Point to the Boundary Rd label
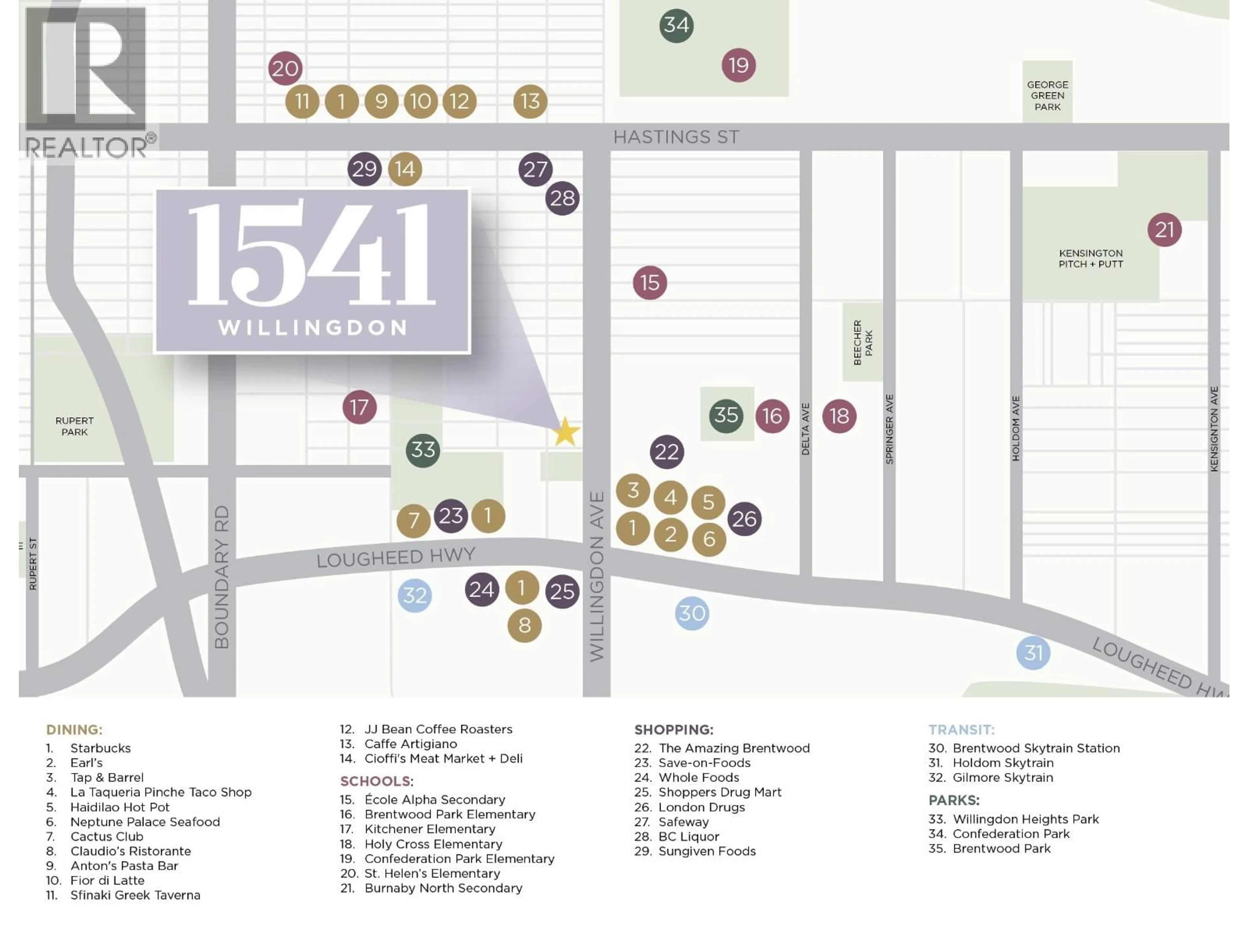(222, 577)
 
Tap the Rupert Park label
(74, 426)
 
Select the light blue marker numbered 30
(692, 613)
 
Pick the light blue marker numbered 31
(1033, 653)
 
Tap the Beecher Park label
(863, 343)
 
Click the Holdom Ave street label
(1016, 428)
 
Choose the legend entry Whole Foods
(698, 777)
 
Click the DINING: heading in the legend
(74, 730)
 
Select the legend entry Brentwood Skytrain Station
(1036, 748)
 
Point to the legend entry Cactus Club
(107, 836)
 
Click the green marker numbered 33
(423, 450)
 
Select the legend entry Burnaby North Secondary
(443, 888)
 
